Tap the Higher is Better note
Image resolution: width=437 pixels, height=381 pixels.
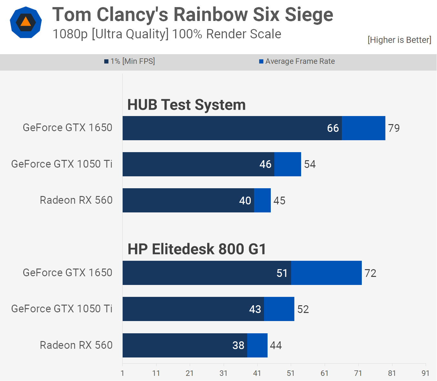point(399,40)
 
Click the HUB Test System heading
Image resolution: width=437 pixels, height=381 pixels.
point(187,105)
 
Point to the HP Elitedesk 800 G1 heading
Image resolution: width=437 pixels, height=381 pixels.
point(197,249)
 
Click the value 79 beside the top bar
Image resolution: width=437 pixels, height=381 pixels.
point(394,128)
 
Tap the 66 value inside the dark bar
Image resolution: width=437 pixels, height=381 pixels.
point(333,128)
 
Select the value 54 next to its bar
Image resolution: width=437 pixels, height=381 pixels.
point(310,164)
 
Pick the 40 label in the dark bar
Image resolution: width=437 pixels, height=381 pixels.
point(245,200)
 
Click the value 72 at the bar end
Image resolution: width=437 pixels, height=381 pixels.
point(371,273)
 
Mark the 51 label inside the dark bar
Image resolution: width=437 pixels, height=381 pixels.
point(282,273)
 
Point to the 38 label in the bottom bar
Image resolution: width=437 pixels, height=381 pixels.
point(238,345)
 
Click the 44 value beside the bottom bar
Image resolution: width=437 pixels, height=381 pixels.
point(276,345)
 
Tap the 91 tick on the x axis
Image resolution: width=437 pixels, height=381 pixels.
point(425,373)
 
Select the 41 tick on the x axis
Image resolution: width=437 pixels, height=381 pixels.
point(257,373)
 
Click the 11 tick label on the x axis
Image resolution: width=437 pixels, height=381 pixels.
point(156,373)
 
